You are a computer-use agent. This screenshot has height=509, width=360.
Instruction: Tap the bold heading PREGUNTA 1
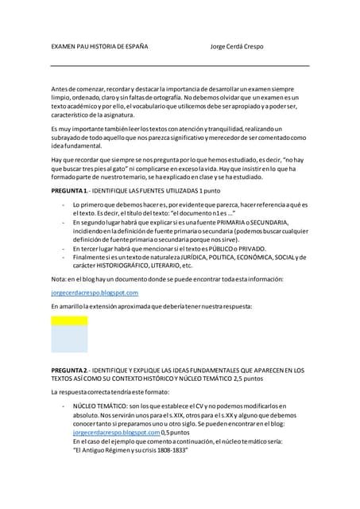coord(68,192)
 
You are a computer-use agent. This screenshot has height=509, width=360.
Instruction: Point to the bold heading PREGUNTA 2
coord(68,371)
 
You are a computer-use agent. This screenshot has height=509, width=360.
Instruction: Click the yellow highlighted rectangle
coord(69,321)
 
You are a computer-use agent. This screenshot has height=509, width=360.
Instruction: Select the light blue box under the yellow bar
coord(69,339)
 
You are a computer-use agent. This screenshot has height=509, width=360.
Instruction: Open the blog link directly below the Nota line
coord(89,293)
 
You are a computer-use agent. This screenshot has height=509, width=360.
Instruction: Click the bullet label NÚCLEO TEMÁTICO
coord(99,406)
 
